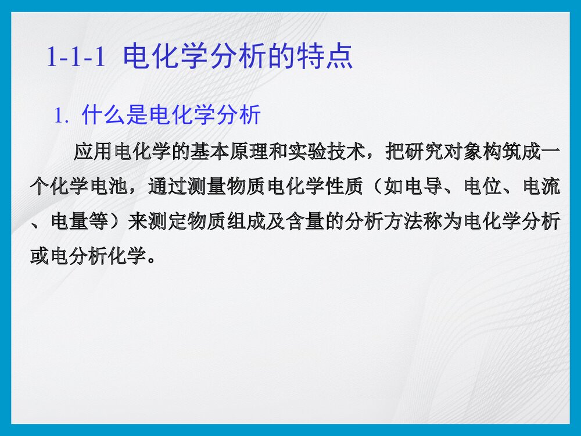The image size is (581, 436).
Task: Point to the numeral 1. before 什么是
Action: coord(62,116)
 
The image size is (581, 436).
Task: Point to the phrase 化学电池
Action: coord(92,187)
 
